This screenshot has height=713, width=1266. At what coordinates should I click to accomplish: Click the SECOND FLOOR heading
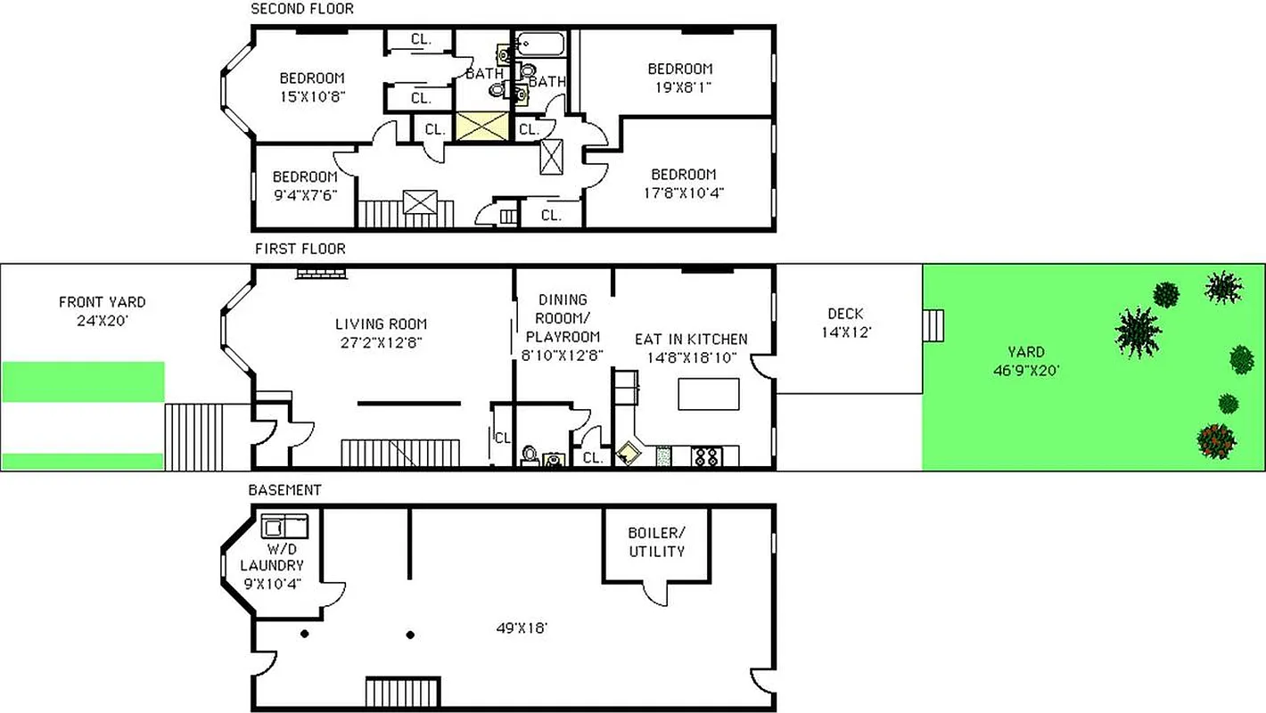point(302,9)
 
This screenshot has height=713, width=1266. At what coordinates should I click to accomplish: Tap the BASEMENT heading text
point(284,490)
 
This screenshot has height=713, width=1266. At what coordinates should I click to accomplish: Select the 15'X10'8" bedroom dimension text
point(312,95)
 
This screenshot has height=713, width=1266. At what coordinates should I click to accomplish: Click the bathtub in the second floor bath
point(540,44)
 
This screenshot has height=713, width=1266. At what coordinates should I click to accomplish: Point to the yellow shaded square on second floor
point(482,127)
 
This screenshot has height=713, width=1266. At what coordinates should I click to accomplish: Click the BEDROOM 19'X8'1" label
point(679,78)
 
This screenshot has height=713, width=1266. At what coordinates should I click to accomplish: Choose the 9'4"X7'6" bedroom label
point(305,185)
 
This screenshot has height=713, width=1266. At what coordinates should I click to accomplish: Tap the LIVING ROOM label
point(381,324)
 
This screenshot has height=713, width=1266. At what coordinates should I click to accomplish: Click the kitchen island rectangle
point(709,394)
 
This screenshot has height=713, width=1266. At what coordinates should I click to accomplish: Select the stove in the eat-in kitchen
point(707,456)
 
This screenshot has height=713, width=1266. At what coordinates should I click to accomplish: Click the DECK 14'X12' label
point(845,323)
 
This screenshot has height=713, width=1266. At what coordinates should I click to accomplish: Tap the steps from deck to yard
point(933,325)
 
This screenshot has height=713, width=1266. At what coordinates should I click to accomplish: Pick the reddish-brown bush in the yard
point(1216,440)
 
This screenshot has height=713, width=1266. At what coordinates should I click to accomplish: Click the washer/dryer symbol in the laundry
point(284,526)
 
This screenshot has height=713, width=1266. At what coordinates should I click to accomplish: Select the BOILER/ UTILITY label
point(656,542)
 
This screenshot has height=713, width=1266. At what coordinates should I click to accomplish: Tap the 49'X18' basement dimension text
point(522,628)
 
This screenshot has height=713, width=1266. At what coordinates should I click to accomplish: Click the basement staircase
point(403,692)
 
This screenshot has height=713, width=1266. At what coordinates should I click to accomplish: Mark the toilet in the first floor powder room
point(530,455)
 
